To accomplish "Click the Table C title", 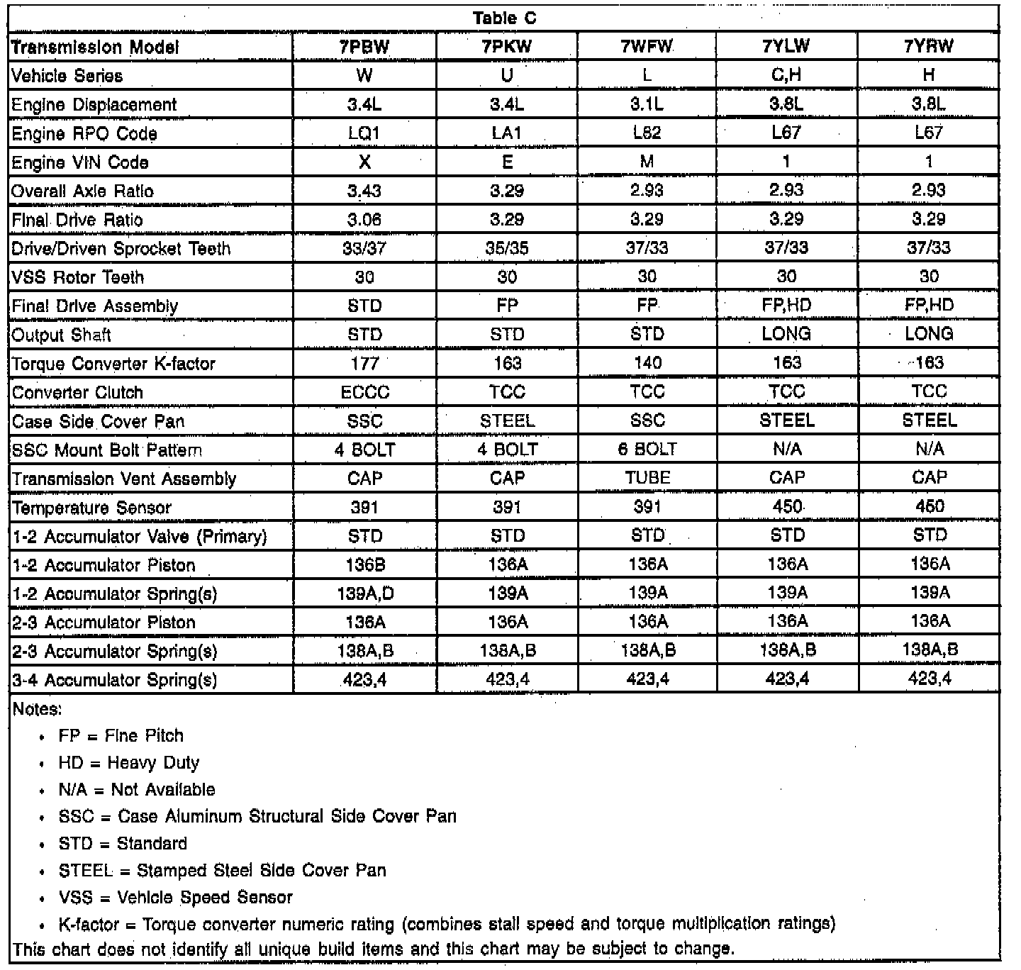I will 504,18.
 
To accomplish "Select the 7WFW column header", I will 647,47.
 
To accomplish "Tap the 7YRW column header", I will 929,47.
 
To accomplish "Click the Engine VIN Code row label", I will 80,162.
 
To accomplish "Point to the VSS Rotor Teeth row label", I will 78,277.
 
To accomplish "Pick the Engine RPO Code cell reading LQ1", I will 364,133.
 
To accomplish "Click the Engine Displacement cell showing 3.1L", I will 647,104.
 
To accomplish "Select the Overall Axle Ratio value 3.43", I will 364,191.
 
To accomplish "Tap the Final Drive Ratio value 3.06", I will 364,220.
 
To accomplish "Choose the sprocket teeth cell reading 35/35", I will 507,248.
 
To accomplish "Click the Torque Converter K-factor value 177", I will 364,364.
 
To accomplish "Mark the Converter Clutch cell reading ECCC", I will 364,392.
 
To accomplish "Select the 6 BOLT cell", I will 647,450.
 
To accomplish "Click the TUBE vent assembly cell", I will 647,478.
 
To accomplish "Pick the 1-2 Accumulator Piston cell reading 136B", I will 364,565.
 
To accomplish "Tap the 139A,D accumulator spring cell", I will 364,593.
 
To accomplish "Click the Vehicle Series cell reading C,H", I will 786,75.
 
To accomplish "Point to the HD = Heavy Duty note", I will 129,763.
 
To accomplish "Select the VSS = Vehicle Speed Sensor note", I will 175,898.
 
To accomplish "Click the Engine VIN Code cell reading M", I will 647,162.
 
